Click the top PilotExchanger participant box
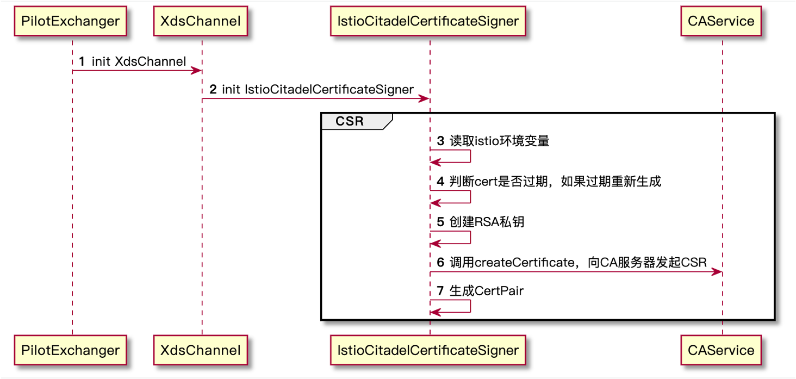(70, 22)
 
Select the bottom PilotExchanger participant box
(70, 350)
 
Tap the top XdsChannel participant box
(201, 22)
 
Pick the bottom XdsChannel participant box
(201, 350)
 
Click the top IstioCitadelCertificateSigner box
(428, 22)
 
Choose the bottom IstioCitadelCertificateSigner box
(428, 350)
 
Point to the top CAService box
(721, 22)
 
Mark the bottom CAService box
(721, 350)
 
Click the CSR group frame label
(350, 121)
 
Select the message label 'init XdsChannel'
(139, 61)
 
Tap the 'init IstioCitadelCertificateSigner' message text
(318, 90)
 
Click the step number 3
(440, 141)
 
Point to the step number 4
(440, 182)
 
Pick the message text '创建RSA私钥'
(487, 222)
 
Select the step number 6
(440, 263)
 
